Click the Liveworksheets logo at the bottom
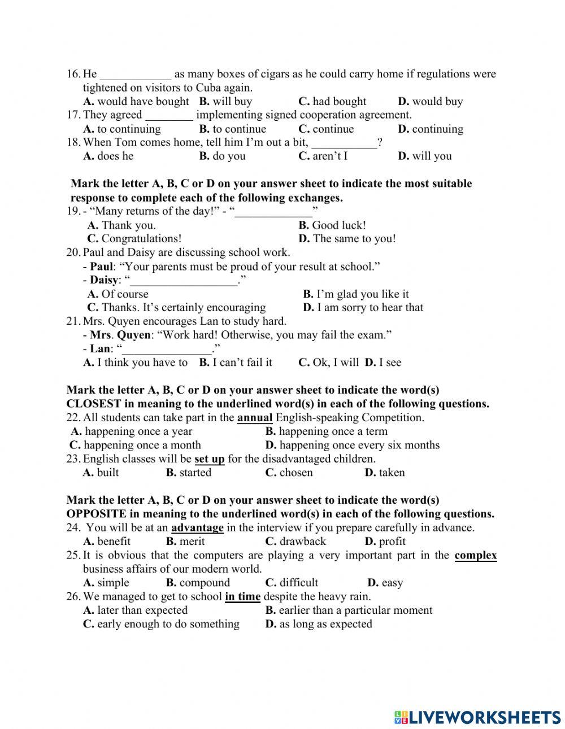click(x=477, y=717)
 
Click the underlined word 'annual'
click(x=255, y=418)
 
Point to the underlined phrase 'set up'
click(x=209, y=459)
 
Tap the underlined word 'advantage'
click(x=197, y=528)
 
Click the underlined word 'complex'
click(x=476, y=555)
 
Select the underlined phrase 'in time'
click(x=242, y=596)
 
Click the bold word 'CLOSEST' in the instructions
click(x=93, y=404)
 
